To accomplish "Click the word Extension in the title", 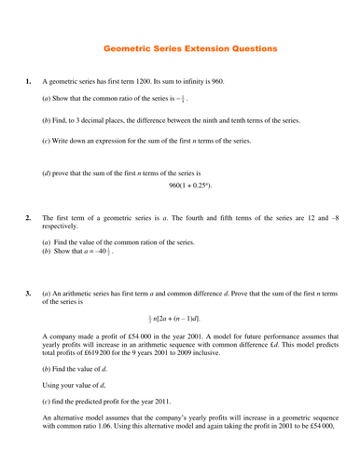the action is (x=192, y=47).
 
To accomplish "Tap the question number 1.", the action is (x=28, y=81).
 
